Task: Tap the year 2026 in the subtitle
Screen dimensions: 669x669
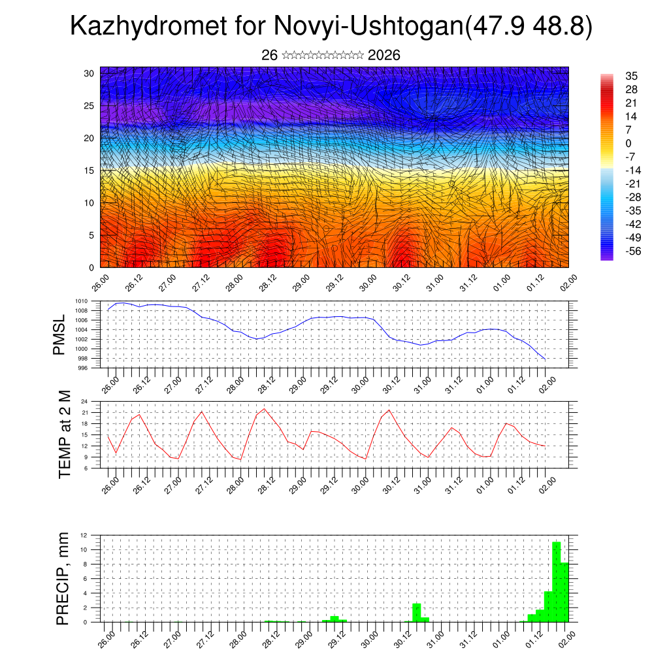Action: click(384, 56)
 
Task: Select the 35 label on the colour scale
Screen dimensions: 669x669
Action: click(631, 76)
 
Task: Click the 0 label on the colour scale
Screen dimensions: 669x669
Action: click(628, 143)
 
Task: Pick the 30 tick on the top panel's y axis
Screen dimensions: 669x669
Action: click(89, 73)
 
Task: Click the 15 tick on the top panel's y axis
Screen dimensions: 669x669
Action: click(89, 171)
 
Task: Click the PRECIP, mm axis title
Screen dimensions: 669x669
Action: click(63, 578)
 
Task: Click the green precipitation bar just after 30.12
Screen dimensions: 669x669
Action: click(417, 613)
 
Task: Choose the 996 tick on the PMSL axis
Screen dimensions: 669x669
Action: click(82, 368)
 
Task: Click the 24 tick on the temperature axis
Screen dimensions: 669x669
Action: click(84, 402)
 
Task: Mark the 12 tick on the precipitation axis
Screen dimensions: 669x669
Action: click(84, 535)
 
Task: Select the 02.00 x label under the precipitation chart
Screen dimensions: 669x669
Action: click(567, 635)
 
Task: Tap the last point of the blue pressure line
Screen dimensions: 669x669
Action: click(545, 359)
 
